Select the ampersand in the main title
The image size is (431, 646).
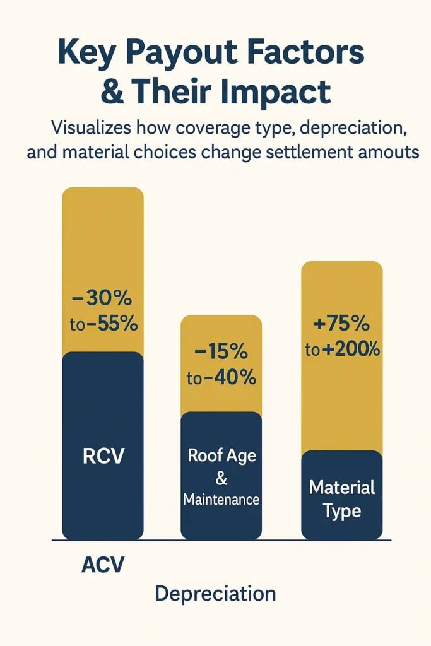[112, 93]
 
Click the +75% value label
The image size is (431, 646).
[341, 324]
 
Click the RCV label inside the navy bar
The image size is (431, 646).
[102, 456]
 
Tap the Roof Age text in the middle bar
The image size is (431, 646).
[221, 456]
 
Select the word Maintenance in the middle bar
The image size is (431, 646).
[221, 500]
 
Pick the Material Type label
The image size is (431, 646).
[341, 498]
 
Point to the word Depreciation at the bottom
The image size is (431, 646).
[215, 594]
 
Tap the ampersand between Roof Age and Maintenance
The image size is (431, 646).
[221, 478]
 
